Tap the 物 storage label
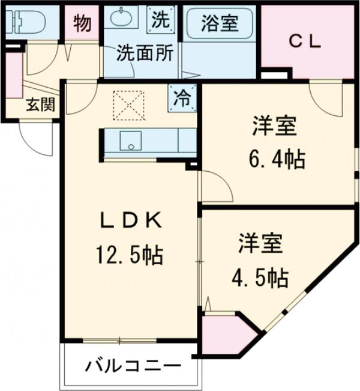(x=82, y=23)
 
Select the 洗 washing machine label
(x=160, y=20)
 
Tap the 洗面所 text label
(x=145, y=53)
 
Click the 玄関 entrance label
(x=40, y=105)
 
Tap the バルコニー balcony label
(x=132, y=365)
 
